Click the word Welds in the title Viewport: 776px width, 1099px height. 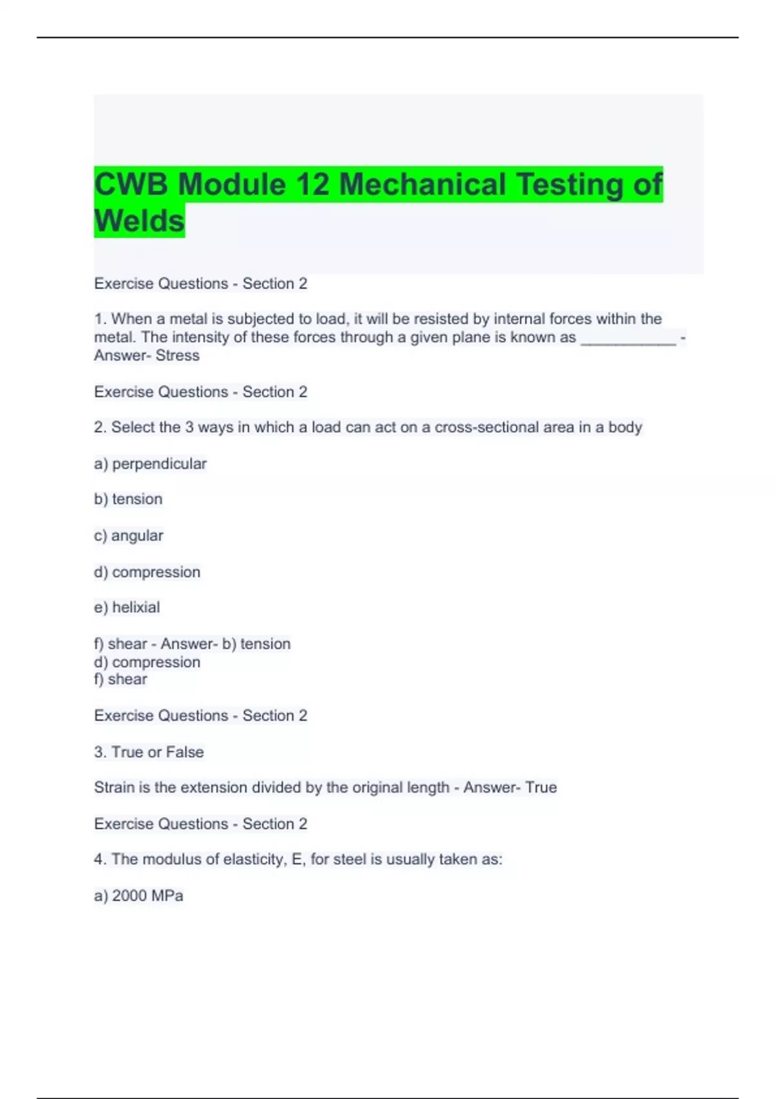pos(139,221)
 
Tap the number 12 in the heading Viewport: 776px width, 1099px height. pos(312,185)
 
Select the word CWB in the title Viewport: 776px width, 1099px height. pos(131,185)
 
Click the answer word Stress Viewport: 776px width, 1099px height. pos(177,356)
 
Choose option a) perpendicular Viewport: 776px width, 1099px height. pos(150,464)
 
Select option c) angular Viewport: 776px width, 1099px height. pos(129,536)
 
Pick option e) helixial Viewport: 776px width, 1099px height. pos(127,608)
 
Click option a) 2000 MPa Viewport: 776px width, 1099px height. pos(138,896)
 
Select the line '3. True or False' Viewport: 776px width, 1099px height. pos(149,752)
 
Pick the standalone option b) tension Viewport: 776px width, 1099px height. pos(128,499)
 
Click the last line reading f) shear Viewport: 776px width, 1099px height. pos(120,679)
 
